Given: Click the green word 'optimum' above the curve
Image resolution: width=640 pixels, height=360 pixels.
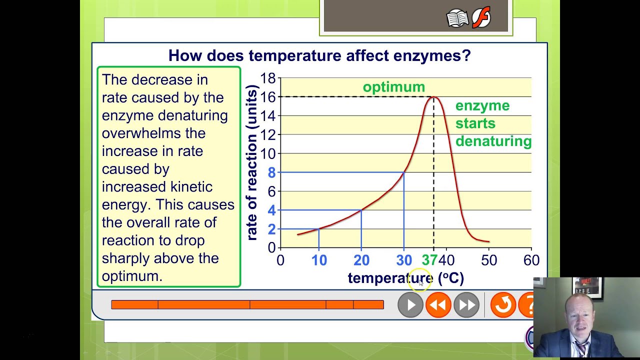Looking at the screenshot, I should pos(393,87).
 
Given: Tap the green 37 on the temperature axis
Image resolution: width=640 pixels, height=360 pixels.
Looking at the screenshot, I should pos(429,260).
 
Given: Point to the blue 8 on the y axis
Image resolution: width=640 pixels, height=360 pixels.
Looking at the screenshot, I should pos(271,172).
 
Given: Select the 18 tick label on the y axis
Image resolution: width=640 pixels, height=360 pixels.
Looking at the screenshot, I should pos(268,78).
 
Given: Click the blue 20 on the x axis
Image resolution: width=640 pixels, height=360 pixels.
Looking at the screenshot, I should pos(361,260).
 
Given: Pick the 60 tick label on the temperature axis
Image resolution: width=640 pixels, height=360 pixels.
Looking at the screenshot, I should pos(531,260).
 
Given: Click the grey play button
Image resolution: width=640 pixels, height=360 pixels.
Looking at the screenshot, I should pos(410,305).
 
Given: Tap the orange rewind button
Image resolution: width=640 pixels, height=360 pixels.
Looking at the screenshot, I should pos(438,305).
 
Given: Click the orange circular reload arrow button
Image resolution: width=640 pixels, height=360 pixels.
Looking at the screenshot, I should pos(502,305).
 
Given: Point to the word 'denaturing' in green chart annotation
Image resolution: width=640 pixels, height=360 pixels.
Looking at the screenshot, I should pos(493,141).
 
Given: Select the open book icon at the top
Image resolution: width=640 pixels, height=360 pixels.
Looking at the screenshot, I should pos(457,19).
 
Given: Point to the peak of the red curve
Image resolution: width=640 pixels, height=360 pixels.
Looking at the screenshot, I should pos(433,97).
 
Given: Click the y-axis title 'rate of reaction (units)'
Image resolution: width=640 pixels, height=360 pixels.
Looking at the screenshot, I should pos(252,162).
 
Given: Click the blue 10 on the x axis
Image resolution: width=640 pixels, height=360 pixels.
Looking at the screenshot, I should pos(319,260).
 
